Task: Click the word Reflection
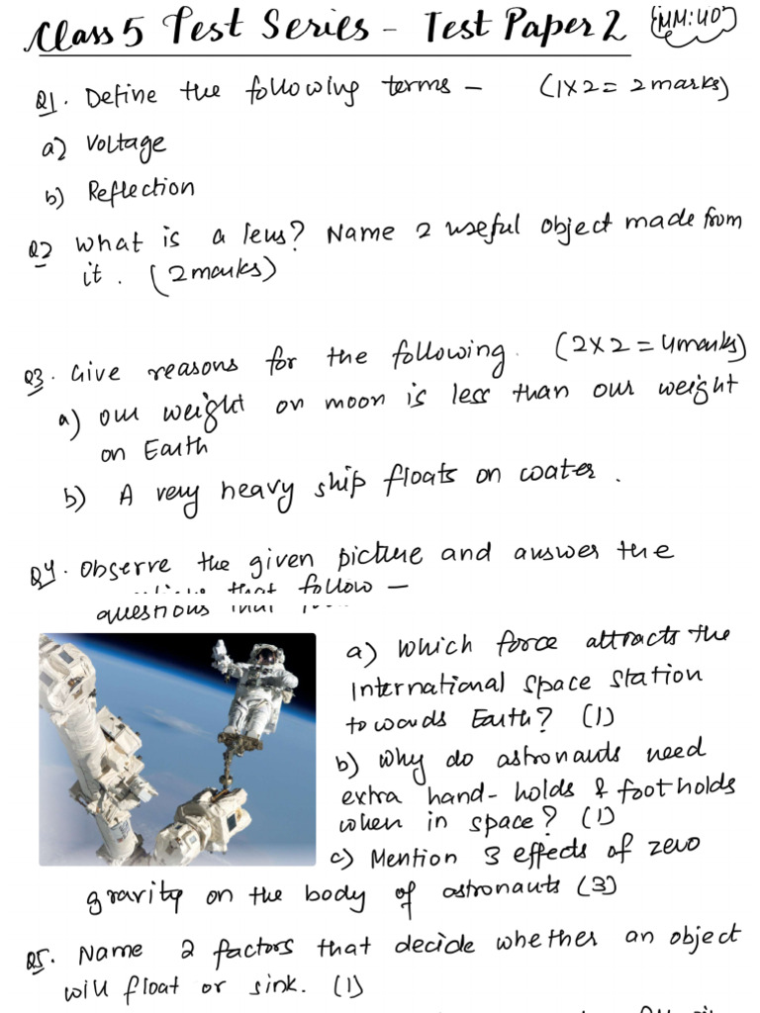[x=141, y=188]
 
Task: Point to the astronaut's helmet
[x=265, y=655]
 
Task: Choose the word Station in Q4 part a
[x=658, y=678]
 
